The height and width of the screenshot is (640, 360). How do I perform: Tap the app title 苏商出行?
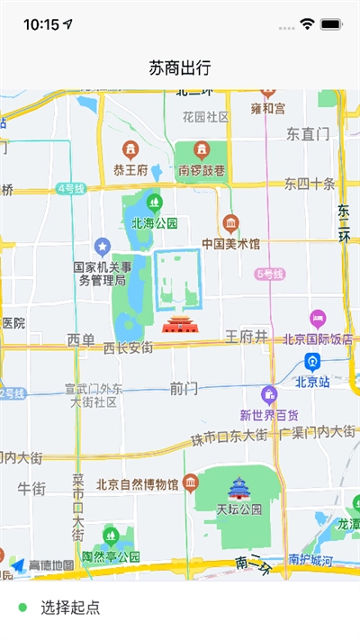[x=180, y=68]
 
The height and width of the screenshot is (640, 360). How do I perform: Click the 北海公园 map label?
[x=155, y=223]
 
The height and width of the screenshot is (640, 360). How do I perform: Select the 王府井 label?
[x=247, y=337]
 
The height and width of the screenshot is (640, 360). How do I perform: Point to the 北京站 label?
[x=314, y=381]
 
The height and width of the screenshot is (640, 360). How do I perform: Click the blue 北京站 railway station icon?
[x=312, y=363]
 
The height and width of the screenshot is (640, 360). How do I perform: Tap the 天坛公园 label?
[x=238, y=509]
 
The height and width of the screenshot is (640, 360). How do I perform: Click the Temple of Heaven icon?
[x=238, y=489]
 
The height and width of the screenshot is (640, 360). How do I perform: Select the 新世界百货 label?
[x=269, y=415]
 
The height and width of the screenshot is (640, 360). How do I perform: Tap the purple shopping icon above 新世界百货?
[x=269, y=395]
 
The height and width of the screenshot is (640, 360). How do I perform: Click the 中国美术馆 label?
[x=231, y=244]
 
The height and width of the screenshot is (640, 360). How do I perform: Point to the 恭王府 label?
[x=131, y=168]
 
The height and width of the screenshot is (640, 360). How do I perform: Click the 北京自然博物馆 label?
[x=137, y=485]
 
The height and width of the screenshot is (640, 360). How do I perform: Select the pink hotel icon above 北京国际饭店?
[x=317, y=318]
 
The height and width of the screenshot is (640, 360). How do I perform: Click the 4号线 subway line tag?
[x=70, y=188]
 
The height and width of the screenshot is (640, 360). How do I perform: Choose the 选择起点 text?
[x=70, y=608]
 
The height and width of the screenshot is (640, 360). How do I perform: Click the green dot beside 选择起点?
[x=22, y=608]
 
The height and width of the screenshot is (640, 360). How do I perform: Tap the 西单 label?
[x=81, y=339]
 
